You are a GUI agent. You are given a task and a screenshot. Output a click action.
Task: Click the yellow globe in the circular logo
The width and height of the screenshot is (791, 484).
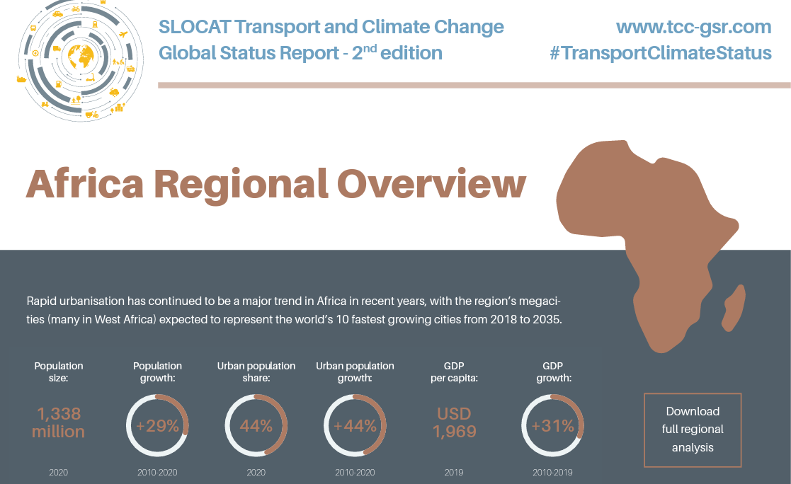pos(81,57)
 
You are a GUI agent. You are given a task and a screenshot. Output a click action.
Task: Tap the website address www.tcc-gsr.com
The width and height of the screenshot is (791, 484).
pos(694,27)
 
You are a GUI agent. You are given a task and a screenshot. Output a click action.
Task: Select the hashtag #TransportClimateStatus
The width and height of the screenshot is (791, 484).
pos(660,53)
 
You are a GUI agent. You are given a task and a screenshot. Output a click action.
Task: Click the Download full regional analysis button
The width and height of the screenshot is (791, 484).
pos(693,430)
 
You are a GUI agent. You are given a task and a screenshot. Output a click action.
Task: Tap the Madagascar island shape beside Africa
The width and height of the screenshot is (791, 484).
pos(734,308)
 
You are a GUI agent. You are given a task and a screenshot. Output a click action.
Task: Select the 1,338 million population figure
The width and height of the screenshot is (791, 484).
pos(59,422)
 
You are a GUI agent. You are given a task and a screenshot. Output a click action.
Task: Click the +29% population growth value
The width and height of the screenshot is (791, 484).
pos(157,426)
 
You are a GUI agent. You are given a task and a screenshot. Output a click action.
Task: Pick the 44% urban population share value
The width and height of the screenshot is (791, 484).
pos(256,426)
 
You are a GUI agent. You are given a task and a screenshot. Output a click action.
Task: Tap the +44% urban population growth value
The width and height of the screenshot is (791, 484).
pos(355,426)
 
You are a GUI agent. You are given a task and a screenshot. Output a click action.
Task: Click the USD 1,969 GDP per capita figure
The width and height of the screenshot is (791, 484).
pos(454,422)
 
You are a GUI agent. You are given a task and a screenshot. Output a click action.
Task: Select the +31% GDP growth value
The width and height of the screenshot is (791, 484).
pos(553,426)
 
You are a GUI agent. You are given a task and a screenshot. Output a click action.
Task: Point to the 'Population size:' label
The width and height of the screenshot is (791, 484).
pos(59,372)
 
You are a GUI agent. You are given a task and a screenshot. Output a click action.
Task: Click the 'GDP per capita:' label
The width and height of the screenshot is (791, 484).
pos(454,372)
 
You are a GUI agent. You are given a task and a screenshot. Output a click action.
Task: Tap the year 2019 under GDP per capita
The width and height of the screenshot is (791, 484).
pos(454,473)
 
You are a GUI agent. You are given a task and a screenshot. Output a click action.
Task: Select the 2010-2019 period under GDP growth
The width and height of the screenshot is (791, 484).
pos(553,473)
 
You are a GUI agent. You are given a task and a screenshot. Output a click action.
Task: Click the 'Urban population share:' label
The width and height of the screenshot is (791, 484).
pos(256,372)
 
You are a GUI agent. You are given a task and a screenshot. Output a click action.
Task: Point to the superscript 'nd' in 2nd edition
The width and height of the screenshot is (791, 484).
pos(370,48)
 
